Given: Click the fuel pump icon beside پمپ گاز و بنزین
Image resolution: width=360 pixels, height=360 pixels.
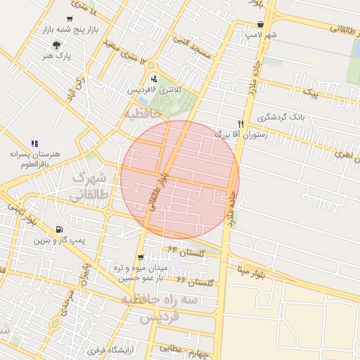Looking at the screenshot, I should pyautogui.click(x=58, y=230).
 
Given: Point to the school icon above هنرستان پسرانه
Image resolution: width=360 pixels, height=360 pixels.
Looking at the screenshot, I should pyautogui.click(x=34, y=143).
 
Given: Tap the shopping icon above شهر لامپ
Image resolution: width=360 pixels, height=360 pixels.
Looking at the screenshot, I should pyautogui.click(x=261, y=23).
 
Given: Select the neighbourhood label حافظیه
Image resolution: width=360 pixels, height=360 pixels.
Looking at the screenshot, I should pyautogui.click(x=142, y=112).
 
